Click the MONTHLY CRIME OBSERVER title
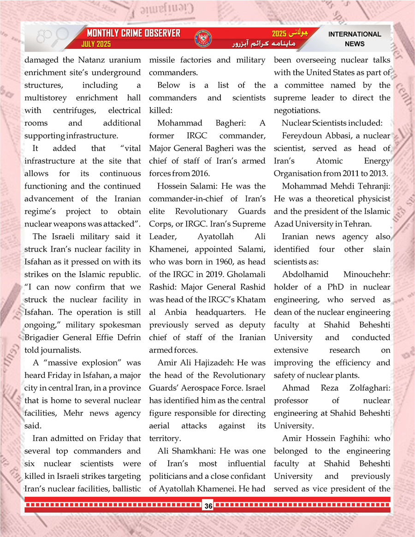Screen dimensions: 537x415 click(x=133, y=34)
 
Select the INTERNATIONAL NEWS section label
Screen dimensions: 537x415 click(x=354, y=39)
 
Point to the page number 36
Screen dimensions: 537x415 click(x=208, y=506)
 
